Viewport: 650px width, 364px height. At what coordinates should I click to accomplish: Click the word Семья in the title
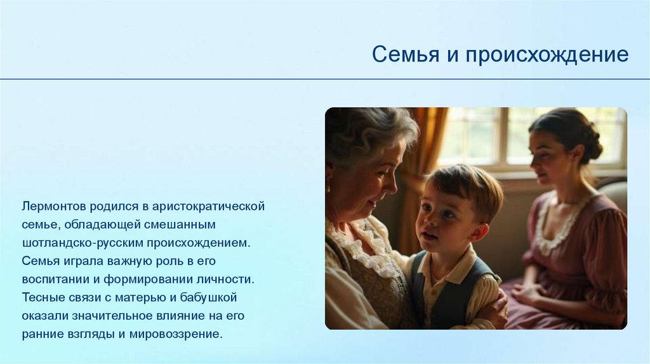[x=406, y=55]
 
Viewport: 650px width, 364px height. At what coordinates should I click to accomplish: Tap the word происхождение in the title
[x=547, y=55]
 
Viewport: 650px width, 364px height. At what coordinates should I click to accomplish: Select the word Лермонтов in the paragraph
[x=54, y=206]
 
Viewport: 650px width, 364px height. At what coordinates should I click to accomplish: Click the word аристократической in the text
[x=208, y=206]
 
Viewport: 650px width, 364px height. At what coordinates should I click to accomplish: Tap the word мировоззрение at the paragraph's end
[x=176, y=334]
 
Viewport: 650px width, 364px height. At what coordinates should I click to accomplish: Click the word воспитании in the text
[x=56, y=279]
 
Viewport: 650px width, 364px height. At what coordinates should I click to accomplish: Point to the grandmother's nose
[x=391, y=185]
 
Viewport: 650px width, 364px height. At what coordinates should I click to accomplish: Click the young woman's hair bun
[x=592, y=143]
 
